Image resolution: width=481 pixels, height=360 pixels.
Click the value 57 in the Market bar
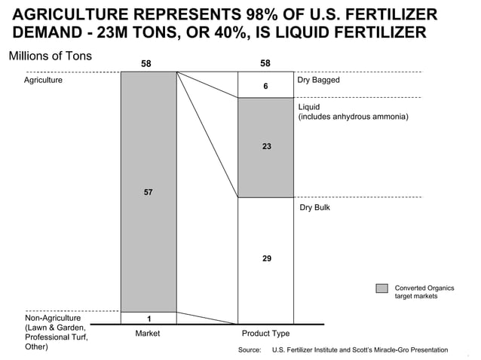tap(148, 193)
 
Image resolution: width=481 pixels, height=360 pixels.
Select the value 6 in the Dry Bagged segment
tap(265, 87)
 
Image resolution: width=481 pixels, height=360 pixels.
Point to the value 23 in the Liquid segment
tap(266, 147)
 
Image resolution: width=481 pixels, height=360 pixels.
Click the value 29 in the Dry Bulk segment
tap(266, 258)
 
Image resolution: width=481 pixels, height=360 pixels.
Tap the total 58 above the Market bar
tap(147, 63)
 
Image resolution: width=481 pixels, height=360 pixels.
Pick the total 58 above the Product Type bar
tap(265, 63)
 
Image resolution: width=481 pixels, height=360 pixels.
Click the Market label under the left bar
tap(148, 333)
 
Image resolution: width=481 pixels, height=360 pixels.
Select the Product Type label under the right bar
tap(265, 333)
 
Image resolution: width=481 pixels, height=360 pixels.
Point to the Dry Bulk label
tap(315, 207)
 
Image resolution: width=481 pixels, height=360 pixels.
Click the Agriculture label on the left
tap(44, 80)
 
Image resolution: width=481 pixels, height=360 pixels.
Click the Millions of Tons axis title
tap(50, 56)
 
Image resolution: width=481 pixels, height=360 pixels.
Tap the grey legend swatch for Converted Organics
tap(382, 288)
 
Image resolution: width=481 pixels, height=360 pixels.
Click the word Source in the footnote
tap(249, 350)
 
